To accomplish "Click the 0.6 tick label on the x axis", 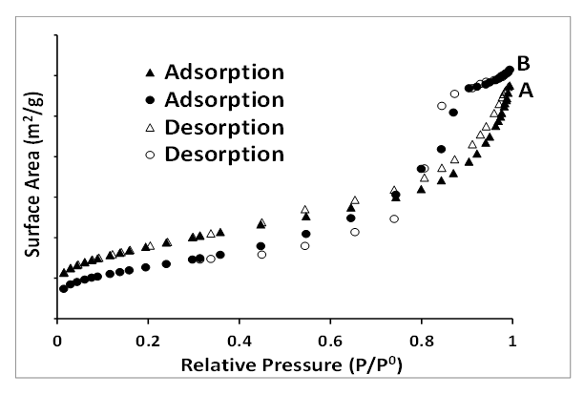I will (x=330, y=339).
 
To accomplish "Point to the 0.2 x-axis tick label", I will (x=148, y=339).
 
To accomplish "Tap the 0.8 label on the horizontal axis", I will (x=421, y=339).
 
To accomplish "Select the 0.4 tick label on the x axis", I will (x=239, y=339).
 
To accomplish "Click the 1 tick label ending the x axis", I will (x=512, y=339).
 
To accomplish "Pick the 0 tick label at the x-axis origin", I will (x=57, y=339).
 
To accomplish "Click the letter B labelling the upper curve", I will (x=523, y=64).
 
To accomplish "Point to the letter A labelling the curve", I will (x=526, y=91).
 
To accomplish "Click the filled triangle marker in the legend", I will (x=148, y=73).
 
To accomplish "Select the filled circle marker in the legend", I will (x=148, y=99).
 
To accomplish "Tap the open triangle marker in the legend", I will (x=148, y=127).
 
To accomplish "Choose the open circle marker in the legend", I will (x=148, y=154).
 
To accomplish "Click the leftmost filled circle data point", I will (x=63, y=288).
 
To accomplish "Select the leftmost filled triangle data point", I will (x=63, y=273).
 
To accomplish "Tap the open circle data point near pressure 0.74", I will (x=393, y=218).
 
